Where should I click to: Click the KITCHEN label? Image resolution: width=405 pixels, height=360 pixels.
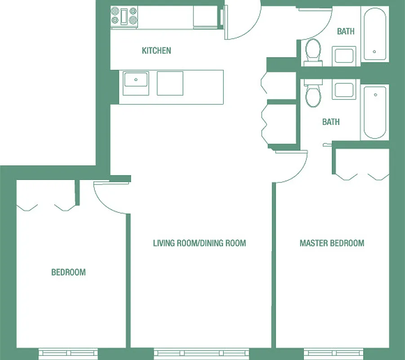(x=156, y=50)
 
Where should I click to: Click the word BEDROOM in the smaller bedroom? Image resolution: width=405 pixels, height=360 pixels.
(x=68, y=272)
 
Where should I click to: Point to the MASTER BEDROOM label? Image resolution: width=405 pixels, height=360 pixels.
(x=332, y=243)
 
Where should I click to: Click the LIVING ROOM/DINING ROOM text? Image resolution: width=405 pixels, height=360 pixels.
(x=199, y=243)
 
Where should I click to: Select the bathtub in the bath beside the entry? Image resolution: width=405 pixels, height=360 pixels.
(x=374, y=34)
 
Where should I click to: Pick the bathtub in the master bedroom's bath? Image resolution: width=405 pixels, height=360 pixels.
(x=374, y=112)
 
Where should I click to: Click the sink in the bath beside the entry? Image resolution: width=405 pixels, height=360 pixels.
(x=344, y=55)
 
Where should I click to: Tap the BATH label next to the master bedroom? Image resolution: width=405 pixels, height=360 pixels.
(x=331, y=122)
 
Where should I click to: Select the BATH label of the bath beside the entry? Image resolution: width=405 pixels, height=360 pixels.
(x=346, y=31)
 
